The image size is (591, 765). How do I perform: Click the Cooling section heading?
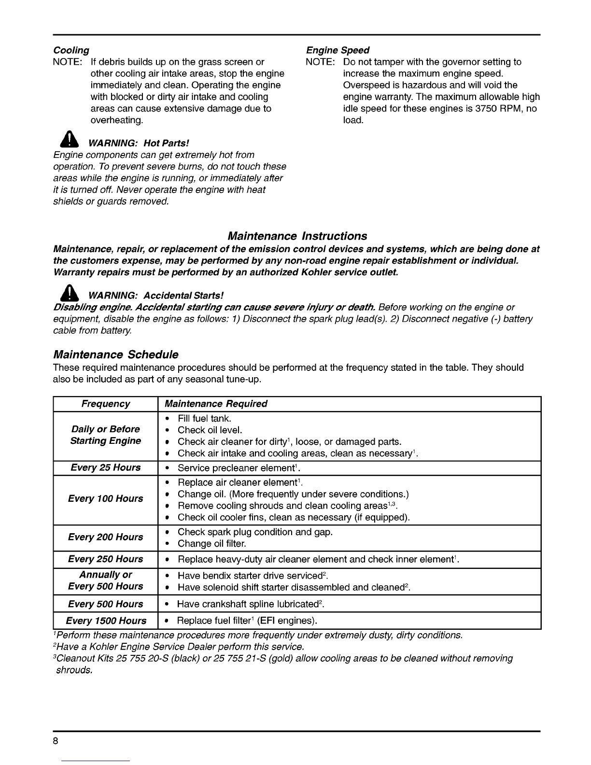tap(71, 50)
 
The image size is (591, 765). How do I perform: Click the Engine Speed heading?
tap(338, 50)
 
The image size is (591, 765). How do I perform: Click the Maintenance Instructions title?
tap(297, 236)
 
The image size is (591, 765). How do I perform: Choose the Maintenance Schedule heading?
tap(116, 355)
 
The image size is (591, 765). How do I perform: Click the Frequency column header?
tap(106, 404)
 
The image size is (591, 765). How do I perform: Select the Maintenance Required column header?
tap(216, 404)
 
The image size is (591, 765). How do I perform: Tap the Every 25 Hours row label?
tap(106, 467)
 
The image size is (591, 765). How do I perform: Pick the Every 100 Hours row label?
tap(106, 499)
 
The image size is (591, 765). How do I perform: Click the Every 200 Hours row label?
tap(106, 537)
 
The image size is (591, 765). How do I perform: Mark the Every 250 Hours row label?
tap(106, 559)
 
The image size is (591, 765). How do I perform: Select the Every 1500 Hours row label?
tap(106, 621)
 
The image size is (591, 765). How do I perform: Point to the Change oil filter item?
tap(212, 544)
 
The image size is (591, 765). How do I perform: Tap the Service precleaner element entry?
tap(237, 468)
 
